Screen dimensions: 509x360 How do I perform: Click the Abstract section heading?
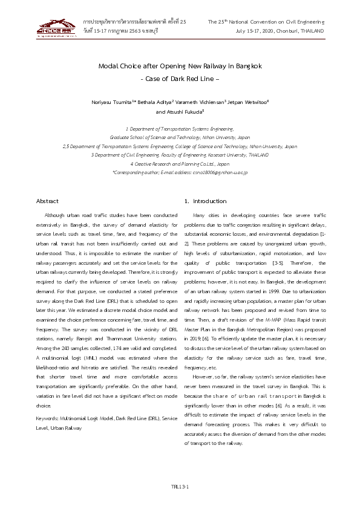[48, 201]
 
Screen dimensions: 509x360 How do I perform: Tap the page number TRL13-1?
[180, 485]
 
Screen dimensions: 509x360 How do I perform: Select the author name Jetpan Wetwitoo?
[248, 102]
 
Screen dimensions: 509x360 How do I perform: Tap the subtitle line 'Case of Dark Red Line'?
[180, 79]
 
